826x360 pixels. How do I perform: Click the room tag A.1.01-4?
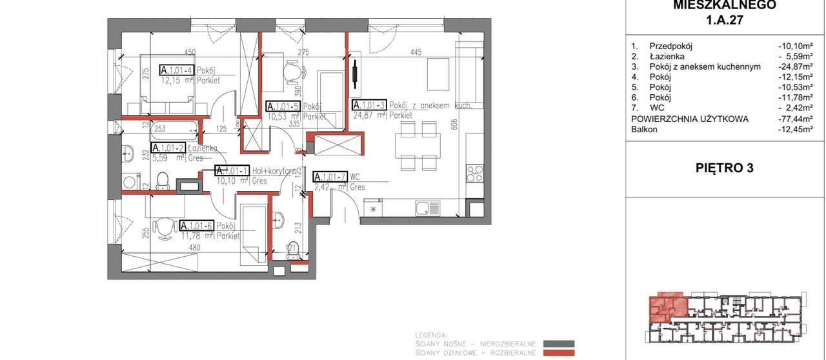click(176, 70)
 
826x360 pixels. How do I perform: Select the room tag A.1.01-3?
click(368, 105)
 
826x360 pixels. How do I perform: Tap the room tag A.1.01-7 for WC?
click(329, 177)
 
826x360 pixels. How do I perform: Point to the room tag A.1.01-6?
click(197, 226)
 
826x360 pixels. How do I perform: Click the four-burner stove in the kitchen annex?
click(474, 172)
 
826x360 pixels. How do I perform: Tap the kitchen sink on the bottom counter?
click(427, 208)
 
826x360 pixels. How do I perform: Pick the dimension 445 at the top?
click(416, 52)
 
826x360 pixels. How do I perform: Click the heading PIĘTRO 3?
click(725, 168)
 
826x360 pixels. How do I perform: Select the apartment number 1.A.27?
click(725, 20)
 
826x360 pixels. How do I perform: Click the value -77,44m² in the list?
click(794, 119)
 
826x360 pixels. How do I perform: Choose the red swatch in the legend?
click(558, 353)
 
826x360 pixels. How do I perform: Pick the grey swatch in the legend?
click(558, 344)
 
